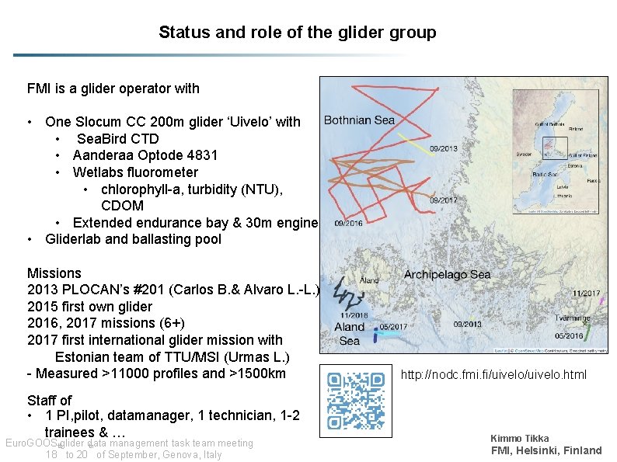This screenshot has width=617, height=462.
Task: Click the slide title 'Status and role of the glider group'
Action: point(297,33)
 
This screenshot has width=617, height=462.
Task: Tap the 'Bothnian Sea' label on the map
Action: point(359,120)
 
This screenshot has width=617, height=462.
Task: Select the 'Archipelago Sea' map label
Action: point(447,275)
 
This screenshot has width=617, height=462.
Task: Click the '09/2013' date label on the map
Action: point(444,148)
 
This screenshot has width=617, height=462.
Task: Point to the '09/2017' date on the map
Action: point(444,200)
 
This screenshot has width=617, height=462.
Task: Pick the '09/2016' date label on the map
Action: point(347,224)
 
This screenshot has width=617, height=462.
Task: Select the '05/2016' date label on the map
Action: point(570,336)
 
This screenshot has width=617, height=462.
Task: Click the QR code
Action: point(356,401)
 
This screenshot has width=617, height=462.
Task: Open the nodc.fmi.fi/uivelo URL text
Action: point(493,376)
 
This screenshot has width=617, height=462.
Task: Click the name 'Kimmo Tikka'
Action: point(519,439)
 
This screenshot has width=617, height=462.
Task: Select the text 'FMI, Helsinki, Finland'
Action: point(546,451)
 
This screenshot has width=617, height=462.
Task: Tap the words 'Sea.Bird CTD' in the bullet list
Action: point(117,139)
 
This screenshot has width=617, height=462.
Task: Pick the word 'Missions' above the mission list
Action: point(54,273)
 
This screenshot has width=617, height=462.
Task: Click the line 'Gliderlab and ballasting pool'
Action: point(133,239)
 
